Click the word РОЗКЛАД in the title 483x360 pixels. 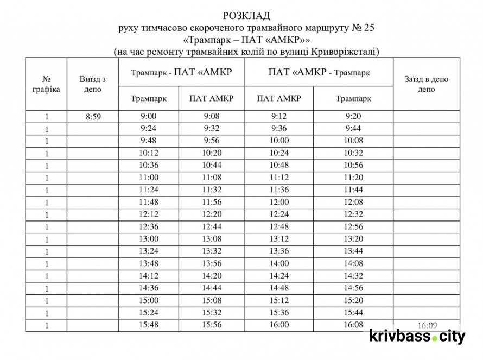245,15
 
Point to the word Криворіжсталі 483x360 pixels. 345,52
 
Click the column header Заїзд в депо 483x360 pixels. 426,84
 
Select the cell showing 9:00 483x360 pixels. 148,116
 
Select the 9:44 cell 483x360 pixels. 353,128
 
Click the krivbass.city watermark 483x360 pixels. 417,337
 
